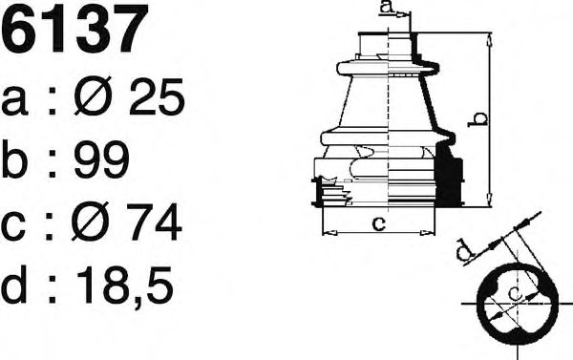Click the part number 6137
coord(75,30)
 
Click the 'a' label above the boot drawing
coord(385,9)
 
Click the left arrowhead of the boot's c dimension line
coord(327,231)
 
